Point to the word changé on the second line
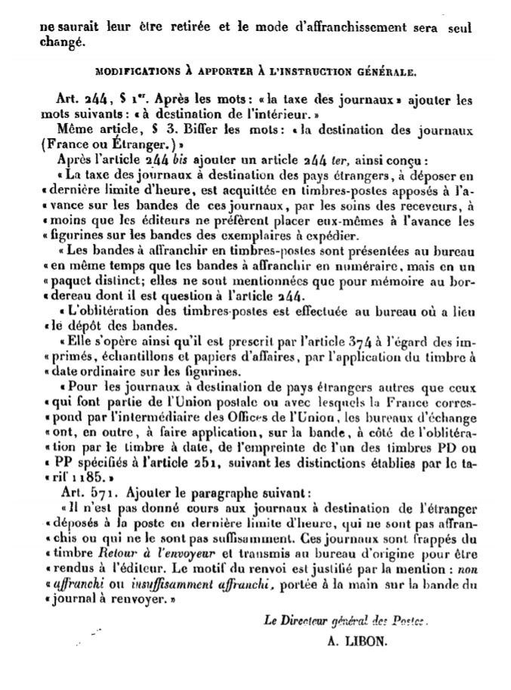(x=57, y=43)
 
